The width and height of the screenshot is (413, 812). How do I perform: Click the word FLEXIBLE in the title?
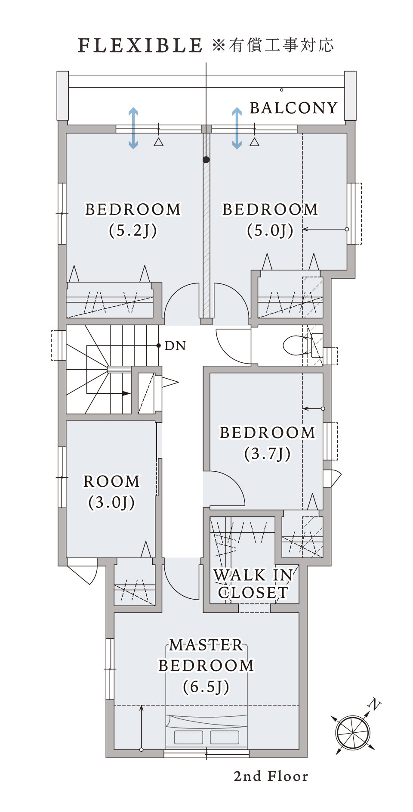click(x=140, y=45)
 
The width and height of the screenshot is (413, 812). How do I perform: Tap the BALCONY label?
click(x=294, y=108)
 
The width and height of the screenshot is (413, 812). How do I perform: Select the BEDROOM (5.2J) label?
click(x=133, y=220)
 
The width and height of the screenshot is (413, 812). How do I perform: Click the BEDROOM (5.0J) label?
click(x=270, y=220)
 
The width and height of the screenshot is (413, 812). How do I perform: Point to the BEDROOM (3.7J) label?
click(x=268, y=443)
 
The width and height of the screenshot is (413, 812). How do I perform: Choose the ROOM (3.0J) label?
click(x=112, y=492)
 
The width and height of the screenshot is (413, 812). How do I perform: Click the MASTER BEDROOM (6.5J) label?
click(x=206, y=666)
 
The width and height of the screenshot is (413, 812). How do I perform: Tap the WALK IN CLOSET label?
click(x=253, y=584)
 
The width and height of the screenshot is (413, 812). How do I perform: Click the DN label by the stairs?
click(x=175, y=346)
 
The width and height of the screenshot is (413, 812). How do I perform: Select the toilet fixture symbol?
click(x=302, y=345)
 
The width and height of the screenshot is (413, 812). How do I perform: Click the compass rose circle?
click(x=353, y=733)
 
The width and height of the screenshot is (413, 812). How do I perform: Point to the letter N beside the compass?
click(x=375, y=705)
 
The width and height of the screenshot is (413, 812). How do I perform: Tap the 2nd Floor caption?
click(x=271, y=777)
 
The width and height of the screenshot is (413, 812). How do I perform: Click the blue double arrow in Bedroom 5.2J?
click(x=133, y=128)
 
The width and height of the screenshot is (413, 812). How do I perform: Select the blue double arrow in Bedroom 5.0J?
click(x=237, y=128)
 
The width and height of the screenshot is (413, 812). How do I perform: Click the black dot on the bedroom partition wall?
click(x=206, y=160)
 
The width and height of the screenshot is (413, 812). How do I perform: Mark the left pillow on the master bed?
click(x=188, y=737)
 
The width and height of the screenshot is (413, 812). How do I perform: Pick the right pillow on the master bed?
click(x=225, y=737)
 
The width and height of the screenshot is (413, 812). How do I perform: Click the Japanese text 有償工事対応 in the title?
click(x=281, y=45)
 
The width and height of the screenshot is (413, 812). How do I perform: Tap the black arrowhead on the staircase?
click(x=126, y=393)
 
